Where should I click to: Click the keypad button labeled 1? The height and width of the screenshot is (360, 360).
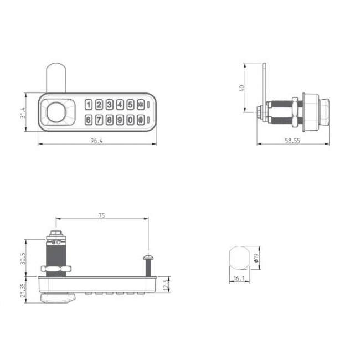89,105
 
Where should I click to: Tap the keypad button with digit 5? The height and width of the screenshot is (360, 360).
130,105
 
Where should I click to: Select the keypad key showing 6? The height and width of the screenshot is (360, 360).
89,120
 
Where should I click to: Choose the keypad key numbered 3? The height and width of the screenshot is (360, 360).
110,105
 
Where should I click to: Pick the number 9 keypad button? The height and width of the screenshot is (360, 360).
120,120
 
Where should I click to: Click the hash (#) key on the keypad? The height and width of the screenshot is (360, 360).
141,120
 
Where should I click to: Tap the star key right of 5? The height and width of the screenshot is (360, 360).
141,105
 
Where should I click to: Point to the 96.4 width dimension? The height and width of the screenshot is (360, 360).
97,141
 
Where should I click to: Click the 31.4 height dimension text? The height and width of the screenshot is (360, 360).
23,113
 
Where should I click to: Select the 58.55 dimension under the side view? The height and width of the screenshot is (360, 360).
292,141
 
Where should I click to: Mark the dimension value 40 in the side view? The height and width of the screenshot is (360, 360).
242,88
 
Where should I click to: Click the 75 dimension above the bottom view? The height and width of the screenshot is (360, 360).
101,215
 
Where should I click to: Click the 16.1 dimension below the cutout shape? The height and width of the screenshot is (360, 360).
239,280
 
